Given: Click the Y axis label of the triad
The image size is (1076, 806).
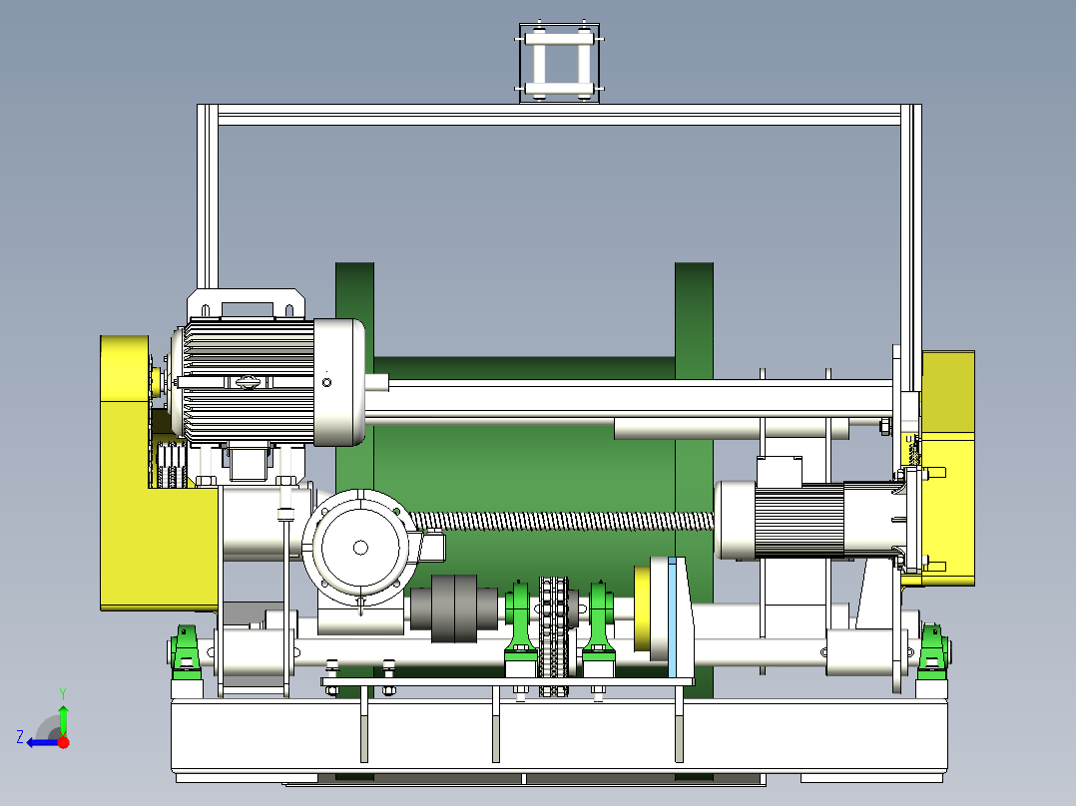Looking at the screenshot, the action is tap(63, 693).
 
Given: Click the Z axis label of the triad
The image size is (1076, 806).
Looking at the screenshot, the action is tap(20, 737).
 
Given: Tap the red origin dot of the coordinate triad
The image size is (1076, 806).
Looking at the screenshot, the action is tap(64, 742).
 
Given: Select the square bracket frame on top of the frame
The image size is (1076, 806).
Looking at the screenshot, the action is tap(559, 63).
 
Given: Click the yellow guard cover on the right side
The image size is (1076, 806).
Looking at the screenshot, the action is tap(947, 467).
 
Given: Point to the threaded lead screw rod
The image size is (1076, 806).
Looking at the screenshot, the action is tap(563, 522).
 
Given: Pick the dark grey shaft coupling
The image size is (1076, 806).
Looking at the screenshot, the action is tap(453, 608).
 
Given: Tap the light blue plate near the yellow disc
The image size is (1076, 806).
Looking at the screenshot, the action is tap(673, 617).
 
